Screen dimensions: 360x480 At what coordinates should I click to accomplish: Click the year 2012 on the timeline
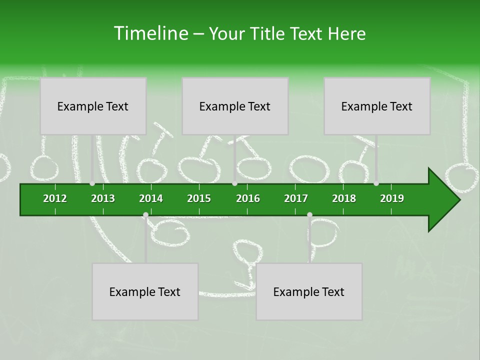[55, 198]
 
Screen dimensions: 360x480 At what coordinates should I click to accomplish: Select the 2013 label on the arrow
[103, 198]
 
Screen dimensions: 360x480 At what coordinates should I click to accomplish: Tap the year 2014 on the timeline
[151, 198]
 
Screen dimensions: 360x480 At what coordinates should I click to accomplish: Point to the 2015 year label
[199, 198]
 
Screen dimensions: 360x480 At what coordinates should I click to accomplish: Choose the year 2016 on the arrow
[248, 198]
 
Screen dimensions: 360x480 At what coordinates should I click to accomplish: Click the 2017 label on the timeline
[296, 198]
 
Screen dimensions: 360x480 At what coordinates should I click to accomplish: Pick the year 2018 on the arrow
[344, 198]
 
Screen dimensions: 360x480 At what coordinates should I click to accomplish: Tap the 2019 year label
[392, 198]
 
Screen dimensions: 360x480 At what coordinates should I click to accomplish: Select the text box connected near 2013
[93, 106]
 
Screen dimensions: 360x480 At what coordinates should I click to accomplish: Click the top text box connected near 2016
[235, 106]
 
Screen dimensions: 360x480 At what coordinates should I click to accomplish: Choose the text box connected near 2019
[377, 106]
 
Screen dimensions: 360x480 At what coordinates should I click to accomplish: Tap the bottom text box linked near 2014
[145, 291]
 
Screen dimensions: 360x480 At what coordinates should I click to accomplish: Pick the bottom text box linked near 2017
[309, 291]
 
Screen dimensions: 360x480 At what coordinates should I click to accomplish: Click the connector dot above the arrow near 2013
[92, 183]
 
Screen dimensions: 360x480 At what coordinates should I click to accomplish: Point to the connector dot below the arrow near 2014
[145, 215]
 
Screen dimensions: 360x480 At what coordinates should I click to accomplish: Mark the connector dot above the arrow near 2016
[234, 183]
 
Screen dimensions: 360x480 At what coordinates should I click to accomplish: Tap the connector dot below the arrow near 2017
[309, 215]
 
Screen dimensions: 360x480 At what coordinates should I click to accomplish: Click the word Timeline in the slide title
[150, 33]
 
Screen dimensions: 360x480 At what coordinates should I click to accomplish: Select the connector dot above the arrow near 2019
[376, 183]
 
